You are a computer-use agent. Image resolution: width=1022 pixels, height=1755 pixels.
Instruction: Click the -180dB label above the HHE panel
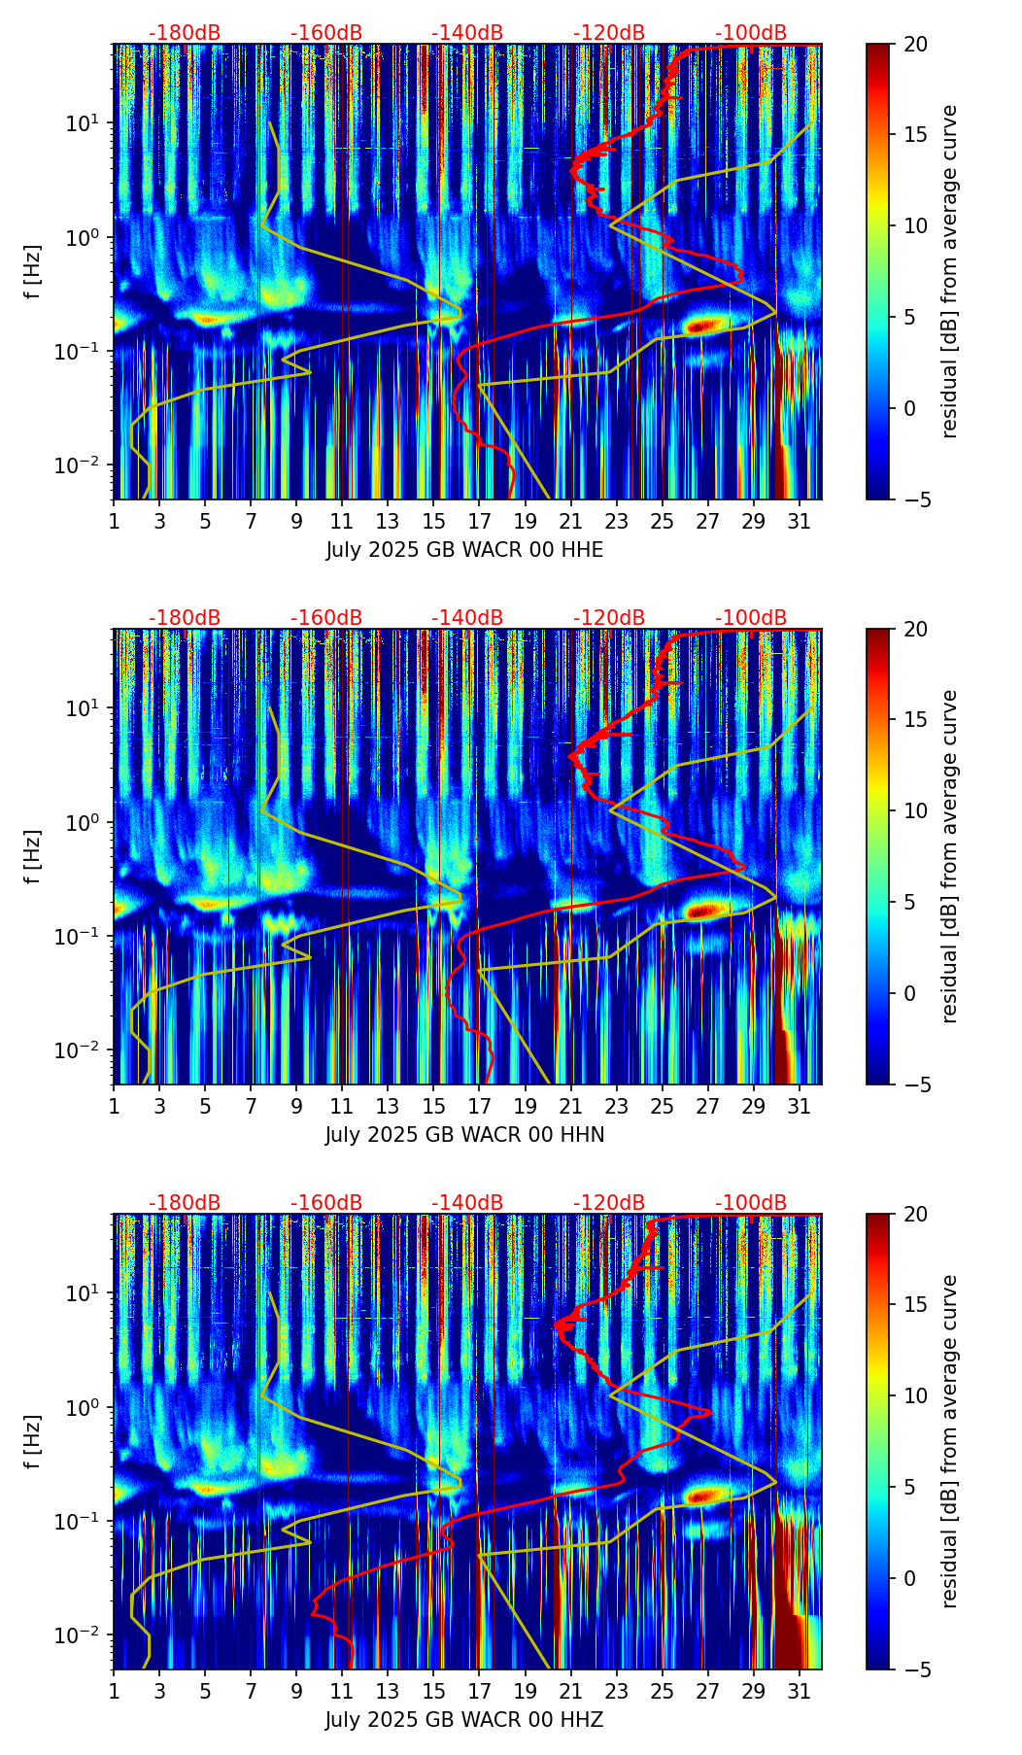185,33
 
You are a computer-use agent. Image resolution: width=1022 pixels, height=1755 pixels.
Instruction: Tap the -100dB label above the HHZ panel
751,1203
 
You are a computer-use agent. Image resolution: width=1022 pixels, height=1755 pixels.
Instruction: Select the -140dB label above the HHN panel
467,618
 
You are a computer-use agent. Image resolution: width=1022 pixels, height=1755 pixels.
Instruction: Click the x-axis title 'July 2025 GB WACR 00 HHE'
464,550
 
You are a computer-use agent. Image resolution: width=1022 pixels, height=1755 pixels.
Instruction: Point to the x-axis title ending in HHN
464,1135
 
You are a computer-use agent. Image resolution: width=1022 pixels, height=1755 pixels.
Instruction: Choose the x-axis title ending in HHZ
464,1720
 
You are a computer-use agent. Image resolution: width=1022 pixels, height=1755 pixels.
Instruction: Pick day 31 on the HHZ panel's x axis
800,1690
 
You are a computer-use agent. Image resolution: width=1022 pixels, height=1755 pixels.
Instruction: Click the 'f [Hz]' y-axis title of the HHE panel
34,272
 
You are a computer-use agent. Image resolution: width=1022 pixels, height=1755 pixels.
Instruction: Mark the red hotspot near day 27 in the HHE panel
706,326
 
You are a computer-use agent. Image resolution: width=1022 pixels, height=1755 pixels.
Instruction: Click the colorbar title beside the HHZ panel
950,1441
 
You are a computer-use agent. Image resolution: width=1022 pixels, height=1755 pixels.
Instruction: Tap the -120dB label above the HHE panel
609,33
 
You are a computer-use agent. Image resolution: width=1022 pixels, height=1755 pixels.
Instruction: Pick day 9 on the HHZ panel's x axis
297,1690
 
